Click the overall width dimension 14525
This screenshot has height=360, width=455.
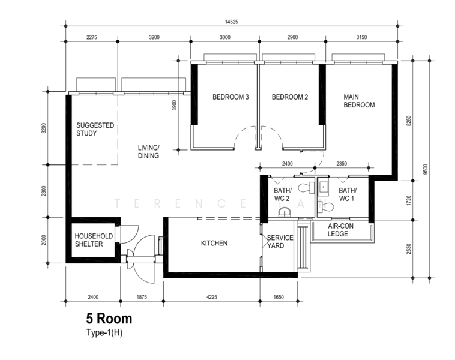point(232,22)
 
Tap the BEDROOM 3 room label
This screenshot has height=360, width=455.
point(231,97)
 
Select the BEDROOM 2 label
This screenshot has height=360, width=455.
point(289,97)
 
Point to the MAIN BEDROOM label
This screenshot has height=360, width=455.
point(359,101)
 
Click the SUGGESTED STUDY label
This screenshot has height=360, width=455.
point(95,129)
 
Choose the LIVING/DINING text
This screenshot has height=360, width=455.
point(149,152)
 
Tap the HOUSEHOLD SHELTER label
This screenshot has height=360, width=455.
point(94,240)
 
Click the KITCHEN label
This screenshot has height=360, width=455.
point(214,243)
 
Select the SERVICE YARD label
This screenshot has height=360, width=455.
point(280,242)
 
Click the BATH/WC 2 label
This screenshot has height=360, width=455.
point(283,194)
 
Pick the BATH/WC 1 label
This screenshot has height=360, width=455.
point(348,194)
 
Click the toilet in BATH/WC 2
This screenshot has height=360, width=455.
point(307,187)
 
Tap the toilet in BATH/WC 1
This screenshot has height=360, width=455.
point(326,207)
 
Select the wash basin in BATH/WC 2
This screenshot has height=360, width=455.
point(285,212)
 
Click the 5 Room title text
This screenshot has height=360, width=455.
point(109,319)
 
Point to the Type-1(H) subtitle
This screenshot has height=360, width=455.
point(104,332)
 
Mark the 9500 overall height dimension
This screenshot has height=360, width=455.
point(426,169)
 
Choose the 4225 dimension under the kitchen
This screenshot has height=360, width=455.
point(212,297)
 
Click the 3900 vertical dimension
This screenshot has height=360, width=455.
point(174,106)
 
